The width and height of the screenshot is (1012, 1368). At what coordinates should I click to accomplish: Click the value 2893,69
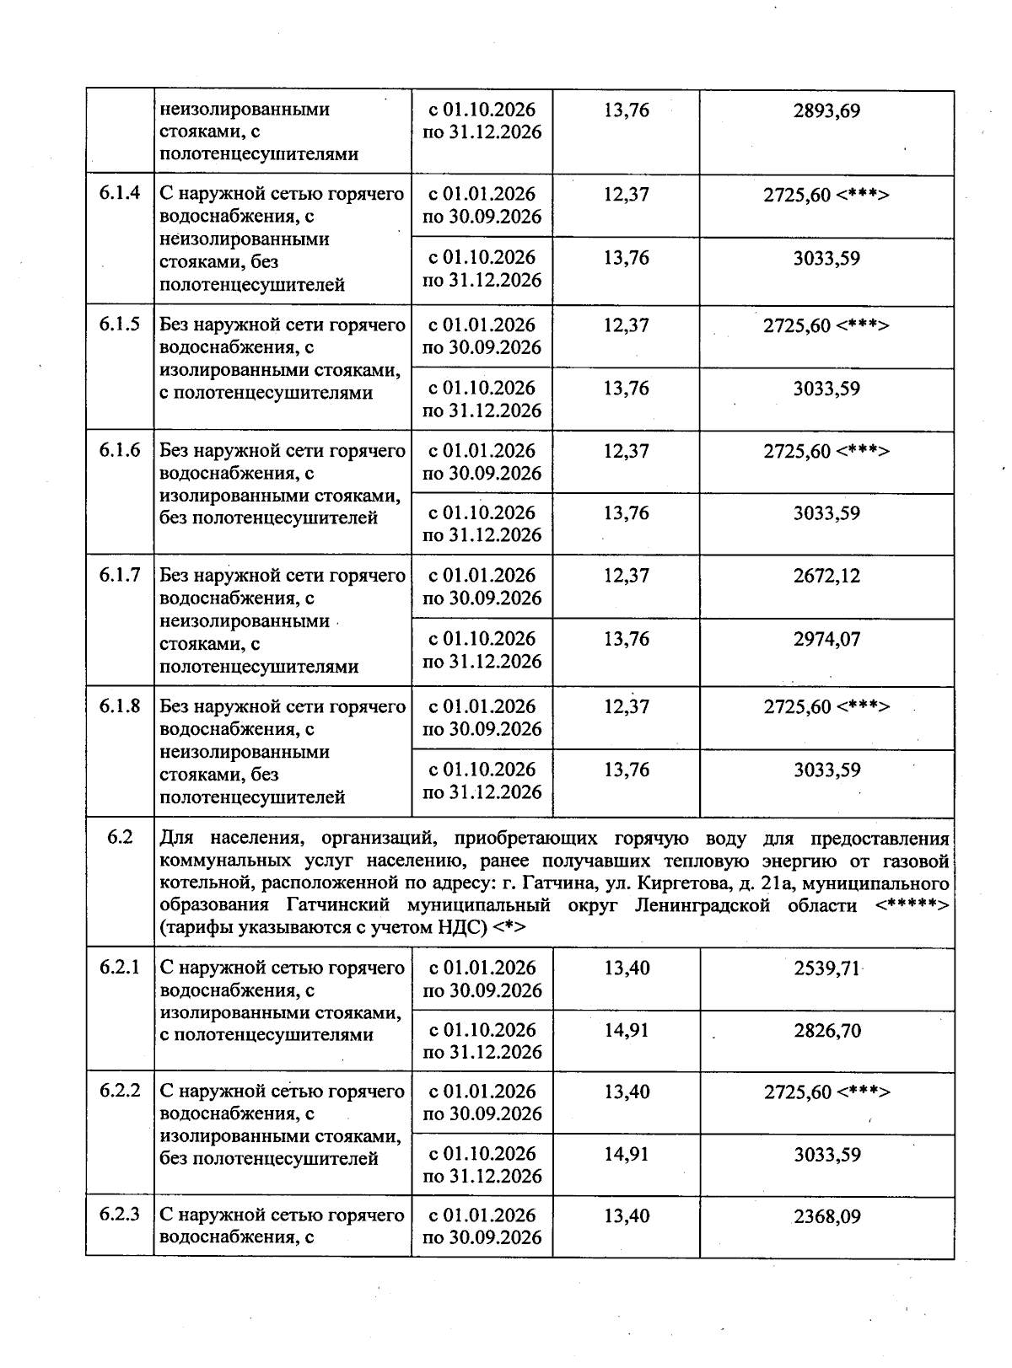tap(826, 111)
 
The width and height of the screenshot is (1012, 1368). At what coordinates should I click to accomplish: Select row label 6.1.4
tap(120, 194)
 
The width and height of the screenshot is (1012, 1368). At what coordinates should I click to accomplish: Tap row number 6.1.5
tap(120, 325)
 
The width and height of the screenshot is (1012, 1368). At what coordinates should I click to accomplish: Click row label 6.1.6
tap(120, 450)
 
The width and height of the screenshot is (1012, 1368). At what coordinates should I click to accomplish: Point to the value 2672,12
tap(826, 577)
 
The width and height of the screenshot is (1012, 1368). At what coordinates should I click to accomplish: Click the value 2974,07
tap(826, 640)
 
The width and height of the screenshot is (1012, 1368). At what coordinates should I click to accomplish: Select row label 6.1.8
tap(120, 706)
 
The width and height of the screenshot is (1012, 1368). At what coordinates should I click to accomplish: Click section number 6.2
tap(120, 839)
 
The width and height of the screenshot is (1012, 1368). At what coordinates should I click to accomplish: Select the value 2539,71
tap(826, 968)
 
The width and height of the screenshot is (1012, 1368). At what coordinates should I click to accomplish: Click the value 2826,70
tap(826, 1031)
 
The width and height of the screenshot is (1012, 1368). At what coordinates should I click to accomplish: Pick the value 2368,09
tap(826, 1216)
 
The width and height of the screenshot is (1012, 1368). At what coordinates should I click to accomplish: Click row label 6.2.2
tap(120, 1092)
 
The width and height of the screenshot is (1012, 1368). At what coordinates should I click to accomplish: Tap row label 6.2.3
tap(120, 1215)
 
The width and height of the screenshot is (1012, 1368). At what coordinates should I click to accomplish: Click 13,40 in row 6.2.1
tap(627, 968)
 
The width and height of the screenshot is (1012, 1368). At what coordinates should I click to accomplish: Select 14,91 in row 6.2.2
tap(627, 1154)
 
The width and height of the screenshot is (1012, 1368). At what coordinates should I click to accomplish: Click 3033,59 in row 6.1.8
tap(826, 770)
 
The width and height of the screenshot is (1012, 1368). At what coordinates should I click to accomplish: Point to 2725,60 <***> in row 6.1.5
tap(826, 325)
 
